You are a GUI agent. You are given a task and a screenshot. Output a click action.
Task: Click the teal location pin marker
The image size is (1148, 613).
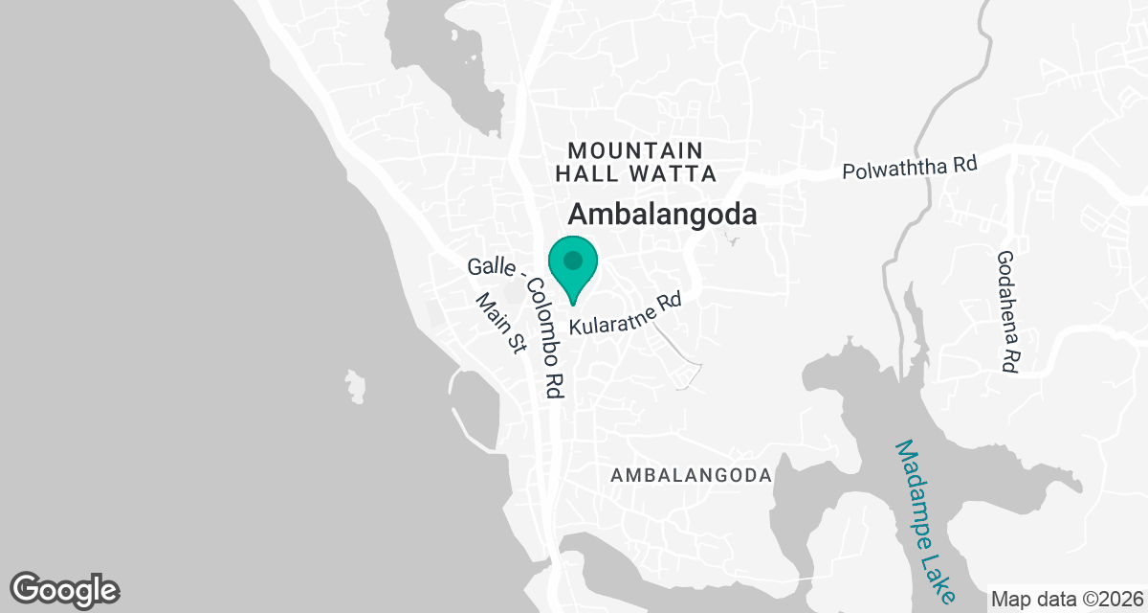coord(572,268)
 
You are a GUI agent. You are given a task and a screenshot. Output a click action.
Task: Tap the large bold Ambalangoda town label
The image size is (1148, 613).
coord(663,215)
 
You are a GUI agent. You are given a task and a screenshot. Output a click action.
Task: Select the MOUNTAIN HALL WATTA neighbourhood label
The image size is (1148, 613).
coord(635,162)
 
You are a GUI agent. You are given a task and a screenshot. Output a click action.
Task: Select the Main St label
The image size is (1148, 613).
coord(501,323)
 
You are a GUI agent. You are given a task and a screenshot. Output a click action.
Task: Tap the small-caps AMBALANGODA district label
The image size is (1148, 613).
coord(691,476)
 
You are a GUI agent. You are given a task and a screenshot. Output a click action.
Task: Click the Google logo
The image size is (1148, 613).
coord(65,588)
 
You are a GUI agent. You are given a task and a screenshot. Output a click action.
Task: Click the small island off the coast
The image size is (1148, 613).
coord(356,386)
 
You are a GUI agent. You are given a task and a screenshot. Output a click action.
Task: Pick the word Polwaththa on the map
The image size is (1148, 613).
coord(895,170)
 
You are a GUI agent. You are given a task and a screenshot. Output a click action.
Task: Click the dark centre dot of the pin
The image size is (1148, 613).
coord(572,260)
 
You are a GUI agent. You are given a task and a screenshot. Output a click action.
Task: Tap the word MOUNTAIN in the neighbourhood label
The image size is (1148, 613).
coord(635,150)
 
